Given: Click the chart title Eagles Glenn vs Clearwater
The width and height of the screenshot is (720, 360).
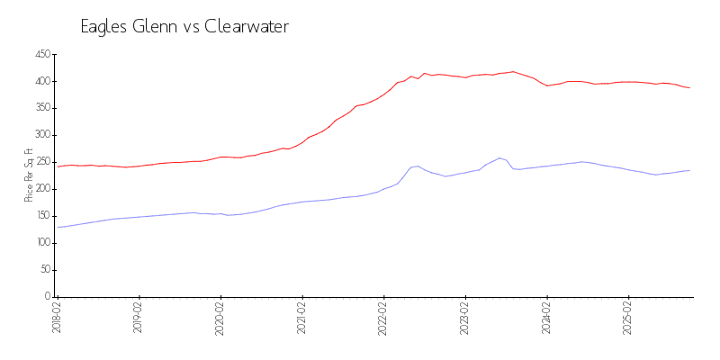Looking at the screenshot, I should (x=184, y=27).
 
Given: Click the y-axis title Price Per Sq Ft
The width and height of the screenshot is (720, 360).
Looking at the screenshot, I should (x=30, y=175).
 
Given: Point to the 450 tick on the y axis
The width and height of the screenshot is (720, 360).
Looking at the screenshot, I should (x=42, y=54).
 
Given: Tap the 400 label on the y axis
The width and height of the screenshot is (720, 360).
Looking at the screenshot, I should (x=42, y=81).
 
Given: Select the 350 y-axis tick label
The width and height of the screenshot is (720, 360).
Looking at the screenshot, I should (x=42, y=108).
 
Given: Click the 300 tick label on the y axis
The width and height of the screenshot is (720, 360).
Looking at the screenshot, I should (x=42, y=135).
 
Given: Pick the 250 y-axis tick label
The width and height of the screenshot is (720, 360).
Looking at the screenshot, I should (x=42, y=162).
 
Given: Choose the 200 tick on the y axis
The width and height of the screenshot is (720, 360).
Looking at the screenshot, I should (x=42, y=189).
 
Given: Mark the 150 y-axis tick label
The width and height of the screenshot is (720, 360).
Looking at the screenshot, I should (x=42, y=216).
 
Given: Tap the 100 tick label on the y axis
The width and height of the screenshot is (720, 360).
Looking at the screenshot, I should (x=42, y=243).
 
